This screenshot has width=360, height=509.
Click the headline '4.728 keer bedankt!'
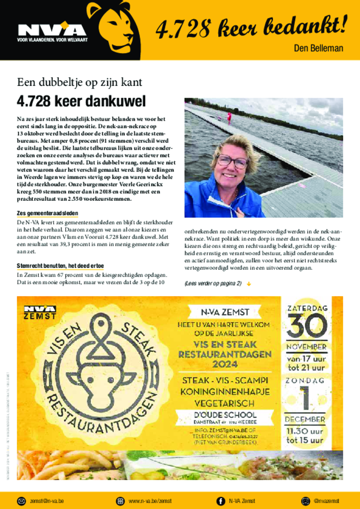(x=251, y=28)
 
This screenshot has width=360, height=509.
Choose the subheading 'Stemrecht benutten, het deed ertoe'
(x=60, y=266)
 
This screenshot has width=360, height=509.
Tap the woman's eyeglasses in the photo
(x=232, y=161)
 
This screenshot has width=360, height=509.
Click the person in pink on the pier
(x=229, y=117)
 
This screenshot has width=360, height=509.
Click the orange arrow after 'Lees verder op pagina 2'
(x=249, y=284)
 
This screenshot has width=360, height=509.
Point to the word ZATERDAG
(x=307, y=308)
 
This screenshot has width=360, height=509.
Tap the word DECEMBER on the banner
(x=306, y=419)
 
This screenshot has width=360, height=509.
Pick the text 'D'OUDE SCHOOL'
(x=225, y=415)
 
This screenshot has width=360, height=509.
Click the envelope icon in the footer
(x=21, y=501)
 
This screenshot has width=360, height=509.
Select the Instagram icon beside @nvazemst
(x=305, y=501)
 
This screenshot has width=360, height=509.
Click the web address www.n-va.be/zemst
(x=150, y=501)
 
